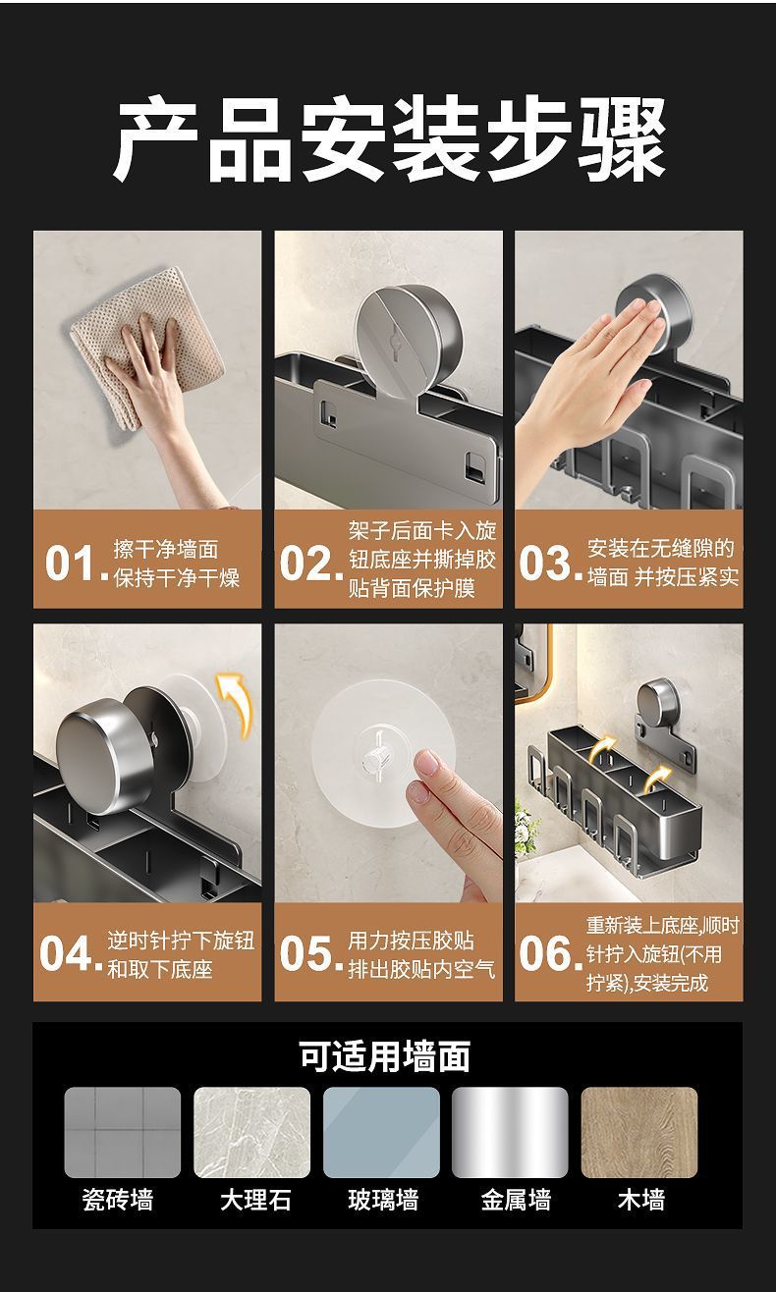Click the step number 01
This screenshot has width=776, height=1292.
[x=77, y=563]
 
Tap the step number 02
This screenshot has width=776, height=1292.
[x=311, y=563]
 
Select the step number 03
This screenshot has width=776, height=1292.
[x=550, y=563]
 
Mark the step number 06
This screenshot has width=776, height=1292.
[x=550, y=953]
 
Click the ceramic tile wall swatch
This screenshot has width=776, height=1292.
[x=123, y=1132]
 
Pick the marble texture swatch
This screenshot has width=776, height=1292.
[x=251, y=1132]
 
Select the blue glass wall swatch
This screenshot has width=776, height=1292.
[x=381, y=1132]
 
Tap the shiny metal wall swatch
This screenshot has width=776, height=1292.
[x=510, y=1132]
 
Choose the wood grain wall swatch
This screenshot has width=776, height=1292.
[x=639, y=1132]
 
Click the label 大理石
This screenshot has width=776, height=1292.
[x=255, y=1201]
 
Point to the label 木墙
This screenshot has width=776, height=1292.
[x=640, y=1201]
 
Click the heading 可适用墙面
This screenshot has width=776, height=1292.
[x=385, y=1056]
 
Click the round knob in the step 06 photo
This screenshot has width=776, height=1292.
[x=657, y=704]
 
